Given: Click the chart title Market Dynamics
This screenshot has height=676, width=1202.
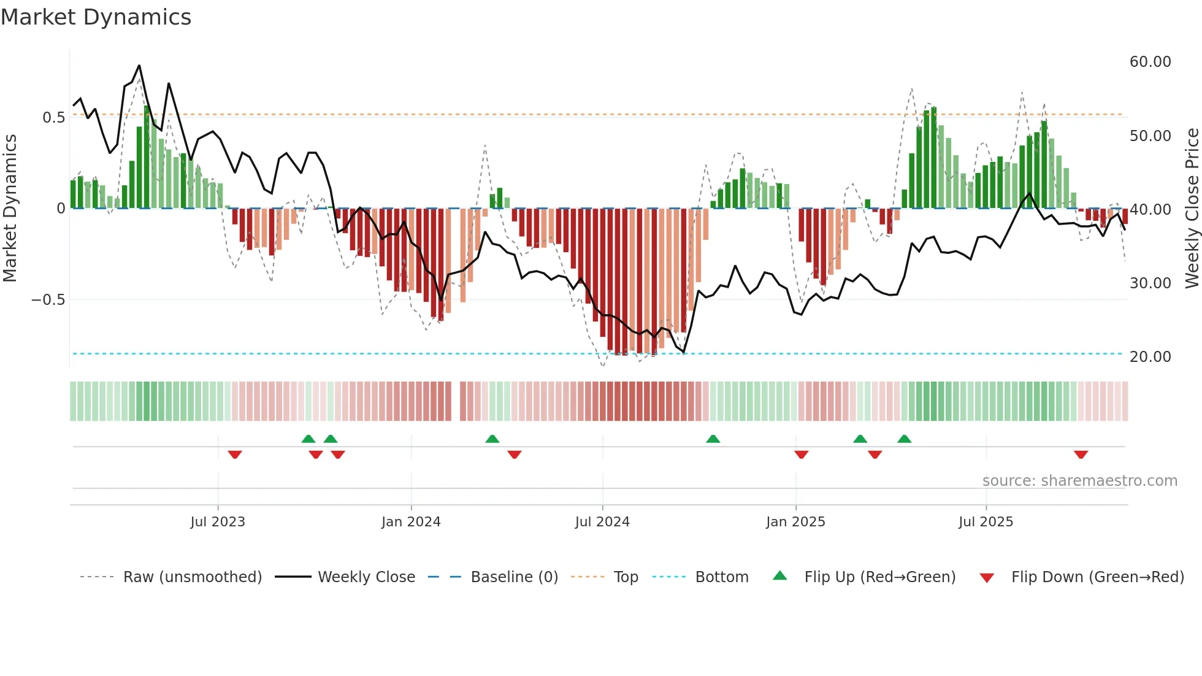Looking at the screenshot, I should (x=96, y=17).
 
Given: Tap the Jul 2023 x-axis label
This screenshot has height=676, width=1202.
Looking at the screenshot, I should (x=218, y=522).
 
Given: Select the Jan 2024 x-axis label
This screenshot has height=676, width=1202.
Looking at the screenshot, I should (x=411, y=522).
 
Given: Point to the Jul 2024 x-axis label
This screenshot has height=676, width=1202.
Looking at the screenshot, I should (x=602, y=522).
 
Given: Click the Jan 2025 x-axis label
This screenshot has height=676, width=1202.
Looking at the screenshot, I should (x=795, y=522).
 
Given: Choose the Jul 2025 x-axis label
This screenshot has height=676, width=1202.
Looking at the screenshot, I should (x=986, y=522).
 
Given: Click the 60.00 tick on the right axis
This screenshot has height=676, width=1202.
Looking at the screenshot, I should (x=1150, y=62).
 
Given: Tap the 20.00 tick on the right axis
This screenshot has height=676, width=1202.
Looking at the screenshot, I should (x=1150, y=357).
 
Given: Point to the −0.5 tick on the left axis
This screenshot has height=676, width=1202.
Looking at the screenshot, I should (x=48, y=300).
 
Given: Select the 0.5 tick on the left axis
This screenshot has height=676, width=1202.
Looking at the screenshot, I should (x=53, y=118).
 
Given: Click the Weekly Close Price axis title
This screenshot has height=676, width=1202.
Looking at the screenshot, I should (x=1192, y=209).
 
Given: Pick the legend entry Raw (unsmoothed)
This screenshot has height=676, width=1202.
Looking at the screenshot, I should (x=192, y=577).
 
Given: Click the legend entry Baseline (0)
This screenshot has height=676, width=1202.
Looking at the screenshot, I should (x=514, y=577).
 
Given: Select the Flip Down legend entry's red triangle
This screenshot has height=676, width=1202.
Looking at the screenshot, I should (x=987, y=578).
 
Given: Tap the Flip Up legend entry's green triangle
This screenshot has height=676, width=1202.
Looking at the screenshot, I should (x=779, y=575).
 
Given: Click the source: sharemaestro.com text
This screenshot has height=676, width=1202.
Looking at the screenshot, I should (x=1079, y=481).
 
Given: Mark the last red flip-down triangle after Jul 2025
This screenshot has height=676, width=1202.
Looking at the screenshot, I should (x=1081, y=455).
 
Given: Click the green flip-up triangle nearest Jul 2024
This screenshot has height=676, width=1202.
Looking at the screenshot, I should (x=713, y=439).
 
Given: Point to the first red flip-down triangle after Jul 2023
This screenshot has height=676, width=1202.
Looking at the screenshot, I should (x=235, y=455).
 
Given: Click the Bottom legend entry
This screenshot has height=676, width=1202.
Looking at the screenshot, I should (x=721, y=577).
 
